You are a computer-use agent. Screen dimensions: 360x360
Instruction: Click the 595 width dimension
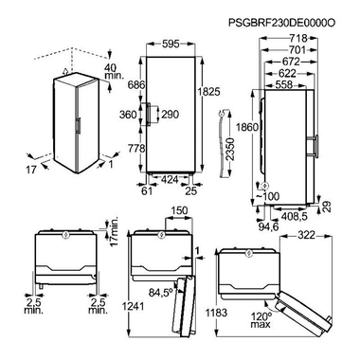[171, 44]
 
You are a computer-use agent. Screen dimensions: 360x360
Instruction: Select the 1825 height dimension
[208, 92]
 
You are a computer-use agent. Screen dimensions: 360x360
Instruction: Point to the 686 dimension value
[136, 84]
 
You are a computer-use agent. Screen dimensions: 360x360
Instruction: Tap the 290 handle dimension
[171, 115]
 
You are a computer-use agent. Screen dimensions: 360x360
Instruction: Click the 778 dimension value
[136, 148]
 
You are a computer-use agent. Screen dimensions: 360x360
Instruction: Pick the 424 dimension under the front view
[170, 179]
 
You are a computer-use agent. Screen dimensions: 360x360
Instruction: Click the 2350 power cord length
[231, 149]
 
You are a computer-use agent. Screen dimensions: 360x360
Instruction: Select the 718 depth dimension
[298, 38]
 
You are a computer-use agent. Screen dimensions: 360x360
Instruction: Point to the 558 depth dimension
[284, 84]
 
